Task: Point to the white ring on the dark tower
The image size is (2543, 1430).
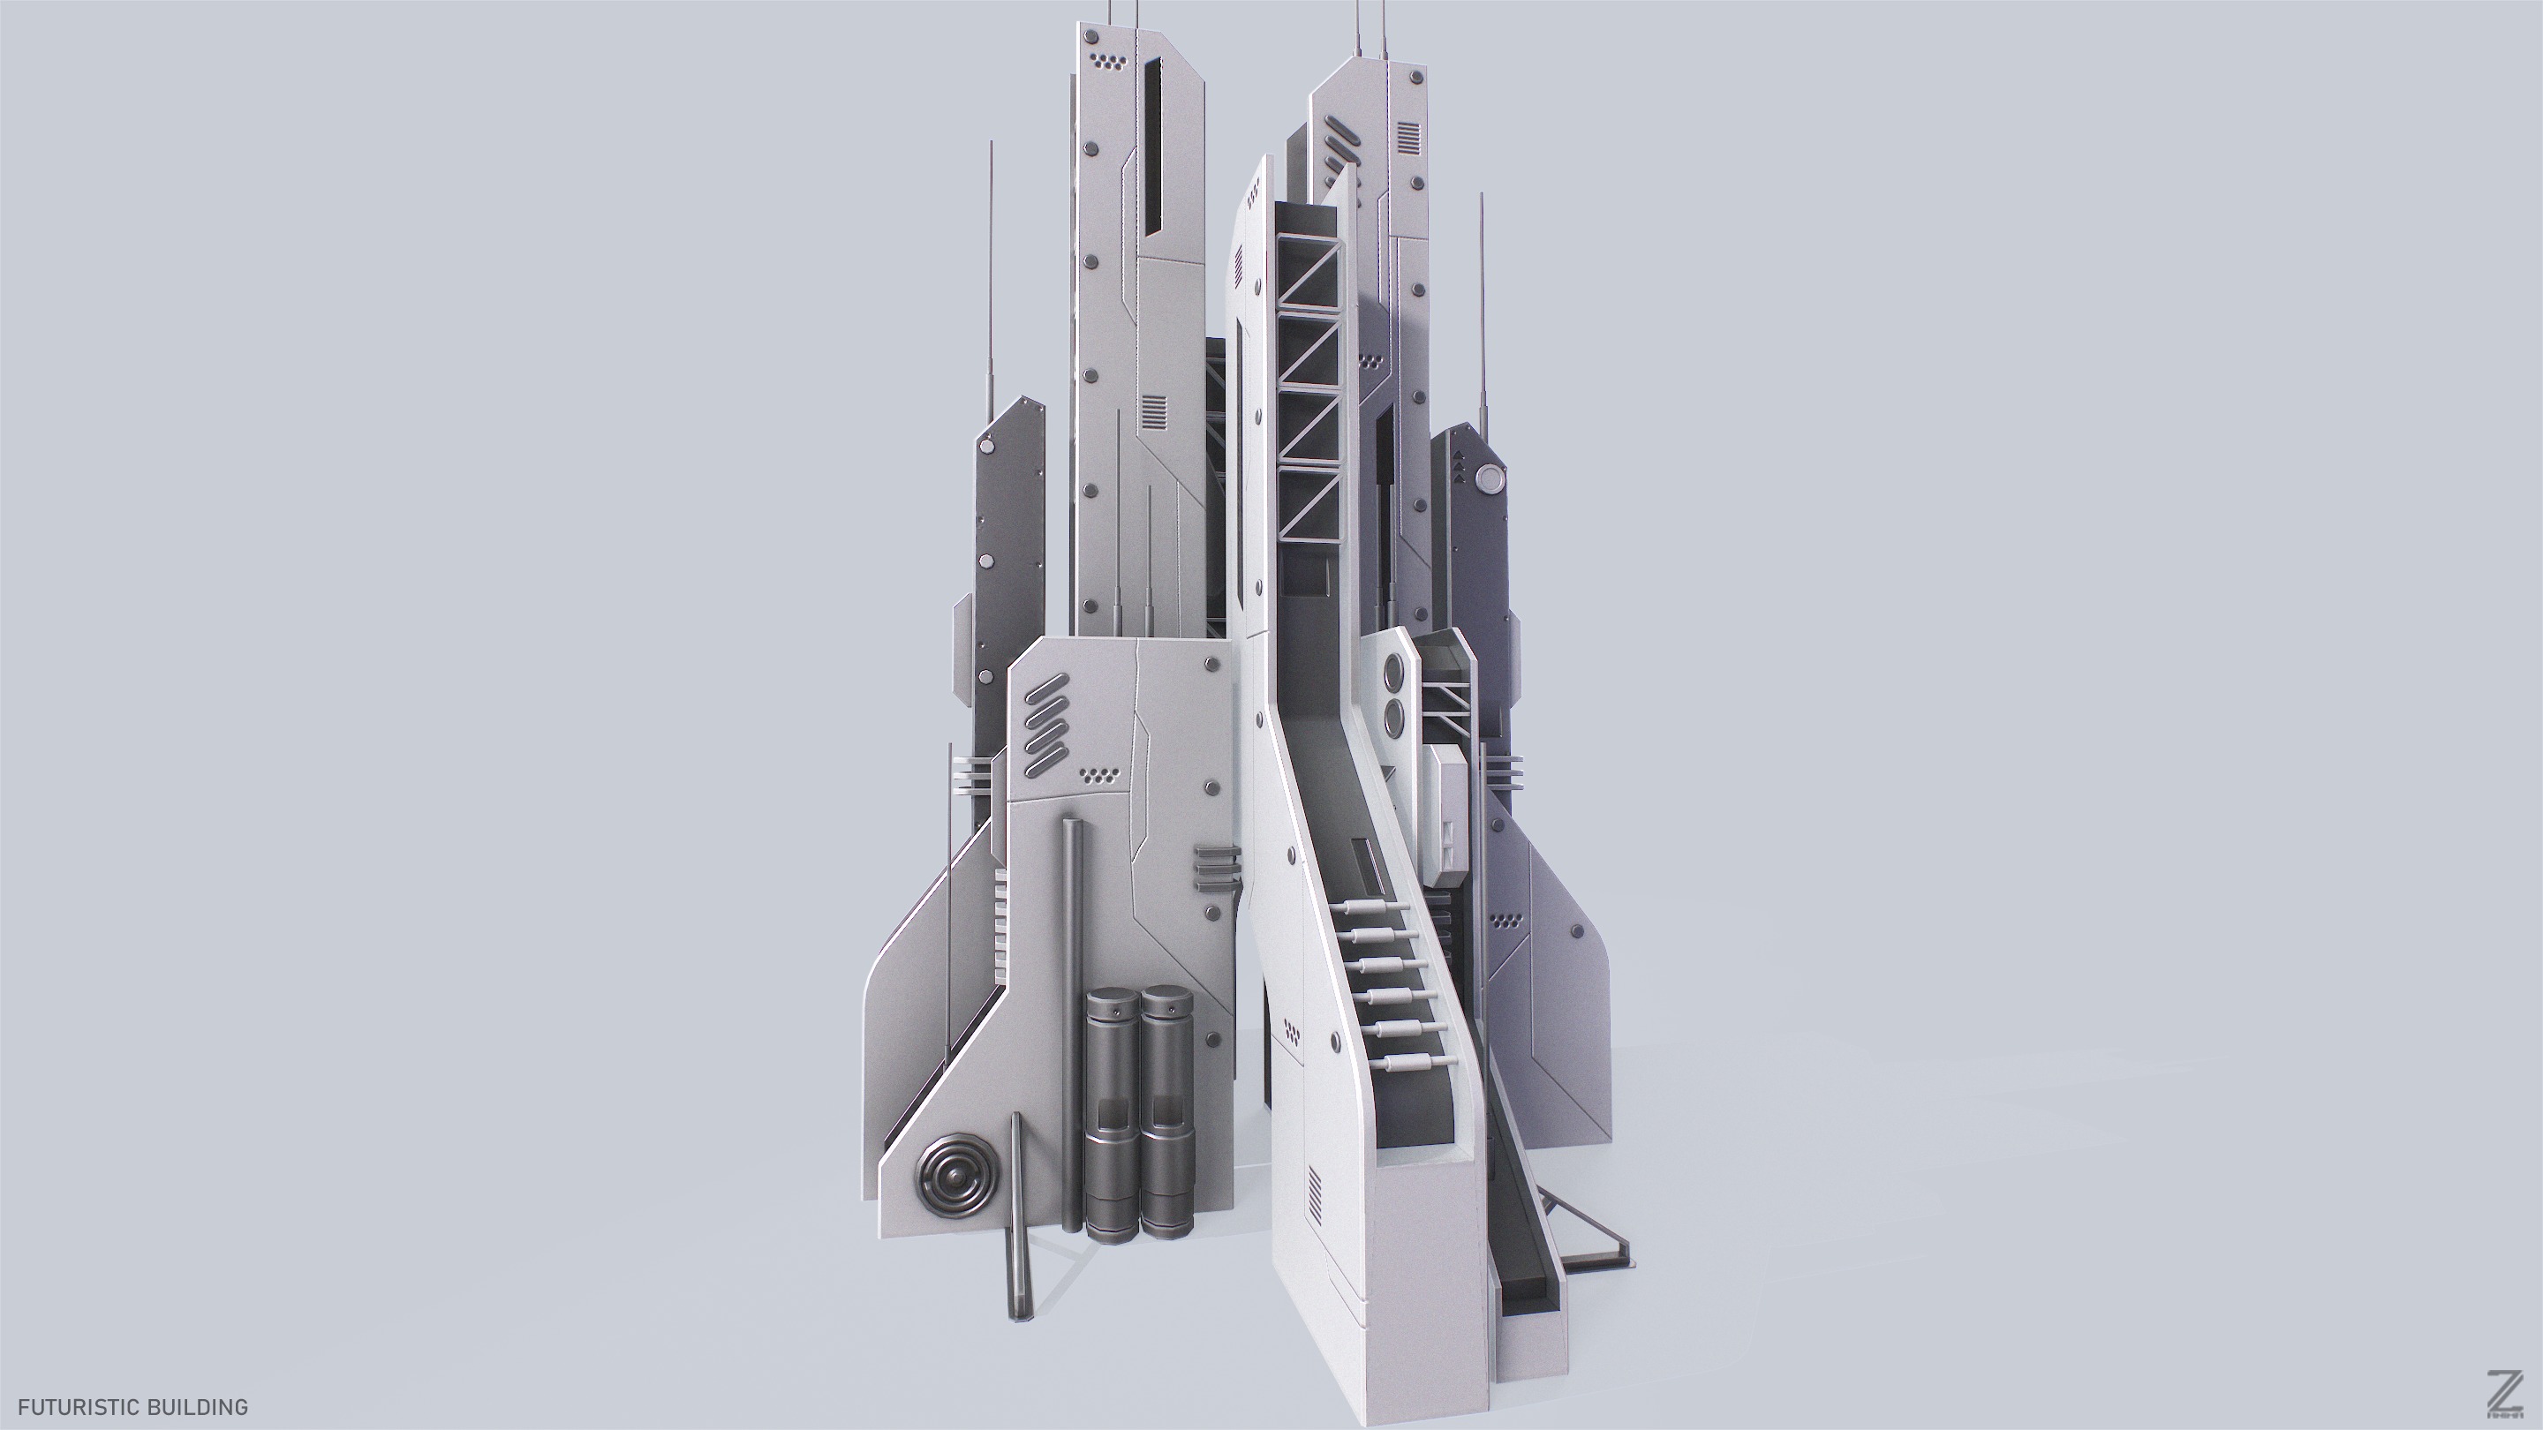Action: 1488,480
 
